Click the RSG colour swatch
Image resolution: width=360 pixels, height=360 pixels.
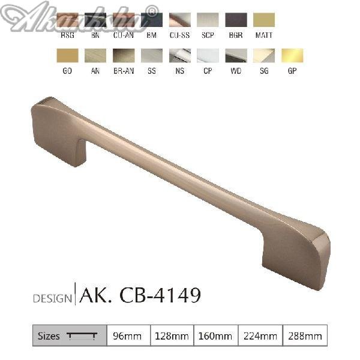(67, 20)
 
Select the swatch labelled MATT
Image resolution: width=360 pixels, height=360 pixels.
(264, 20)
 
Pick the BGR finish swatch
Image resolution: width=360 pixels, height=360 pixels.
(236, 20)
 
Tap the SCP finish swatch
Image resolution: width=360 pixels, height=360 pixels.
(208, 20)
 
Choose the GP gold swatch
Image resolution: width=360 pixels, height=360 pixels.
(293, 56)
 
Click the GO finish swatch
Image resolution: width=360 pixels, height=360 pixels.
(67, 56)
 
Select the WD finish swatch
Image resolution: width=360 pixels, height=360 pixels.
(236, 56)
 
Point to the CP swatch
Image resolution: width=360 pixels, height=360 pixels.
(208, 56)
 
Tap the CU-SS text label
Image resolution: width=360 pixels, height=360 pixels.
(179, 35)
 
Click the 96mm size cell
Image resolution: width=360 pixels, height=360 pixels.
(127, 336)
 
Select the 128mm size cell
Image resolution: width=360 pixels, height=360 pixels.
(171, 336)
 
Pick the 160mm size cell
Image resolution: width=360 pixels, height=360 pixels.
(215, 336)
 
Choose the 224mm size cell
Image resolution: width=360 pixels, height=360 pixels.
(260, 336)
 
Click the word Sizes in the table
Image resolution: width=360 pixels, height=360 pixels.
(49, 336)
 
